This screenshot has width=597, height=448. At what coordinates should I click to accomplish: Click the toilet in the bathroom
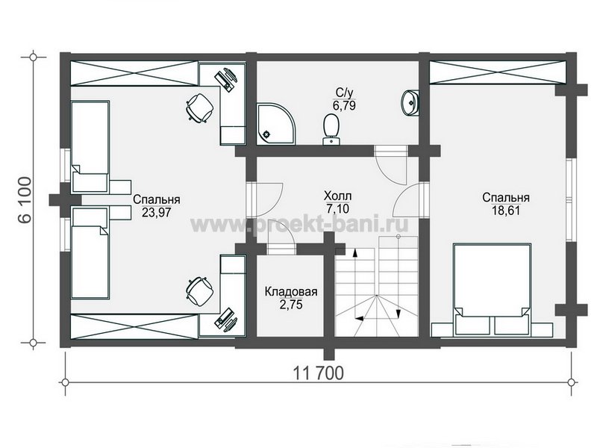(331, 129)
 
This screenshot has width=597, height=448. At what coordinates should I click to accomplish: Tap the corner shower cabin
(275, 124)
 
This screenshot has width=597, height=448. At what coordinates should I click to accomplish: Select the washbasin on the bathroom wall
(410, 102)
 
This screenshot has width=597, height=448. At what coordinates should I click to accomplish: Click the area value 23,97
(157, 212)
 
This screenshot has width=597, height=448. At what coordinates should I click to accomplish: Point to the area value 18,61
(506, 211)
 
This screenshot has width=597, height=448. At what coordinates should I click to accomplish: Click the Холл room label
(338, 196)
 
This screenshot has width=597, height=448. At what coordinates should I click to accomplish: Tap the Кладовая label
(291, 292)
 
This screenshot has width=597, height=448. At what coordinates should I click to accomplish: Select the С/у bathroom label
(344, 93)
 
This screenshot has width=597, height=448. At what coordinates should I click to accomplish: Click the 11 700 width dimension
(319, 373)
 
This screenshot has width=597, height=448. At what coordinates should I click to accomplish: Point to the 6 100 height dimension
(26, 200)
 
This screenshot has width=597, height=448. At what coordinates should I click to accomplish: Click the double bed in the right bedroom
(492, 290)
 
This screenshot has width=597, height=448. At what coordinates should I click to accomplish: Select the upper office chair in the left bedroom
(199, 108)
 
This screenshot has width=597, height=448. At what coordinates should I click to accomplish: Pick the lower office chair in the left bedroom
(199, 291)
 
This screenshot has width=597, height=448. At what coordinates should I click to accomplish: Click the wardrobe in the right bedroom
(498, 72)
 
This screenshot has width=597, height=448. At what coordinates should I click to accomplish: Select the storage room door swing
(281, 242)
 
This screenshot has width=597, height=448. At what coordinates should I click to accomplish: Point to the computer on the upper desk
(227, 79)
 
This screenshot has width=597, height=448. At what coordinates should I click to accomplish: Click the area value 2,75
(291, 305)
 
